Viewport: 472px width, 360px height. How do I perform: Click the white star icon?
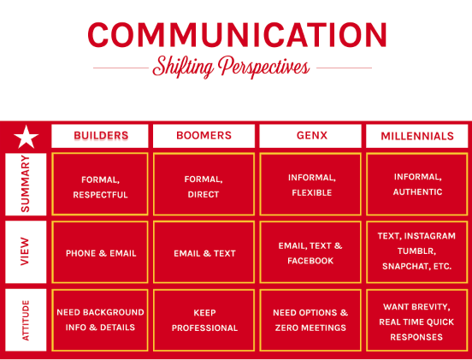click(27, 138)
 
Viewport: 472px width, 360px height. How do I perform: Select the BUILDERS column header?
click(100, 136)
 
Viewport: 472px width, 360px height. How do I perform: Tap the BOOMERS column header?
click(204, 136)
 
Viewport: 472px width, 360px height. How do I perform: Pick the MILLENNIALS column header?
click(417, 136)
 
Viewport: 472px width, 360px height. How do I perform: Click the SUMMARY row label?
click(26, 184)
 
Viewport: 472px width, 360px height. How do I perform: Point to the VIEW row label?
click(26, 252)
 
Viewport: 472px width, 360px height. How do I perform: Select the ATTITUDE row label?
click(26, 320)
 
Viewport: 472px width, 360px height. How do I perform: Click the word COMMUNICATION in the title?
click(237, 34)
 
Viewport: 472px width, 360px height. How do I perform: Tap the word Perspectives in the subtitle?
click(263, 67)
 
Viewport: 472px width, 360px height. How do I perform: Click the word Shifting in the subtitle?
click(183, 67)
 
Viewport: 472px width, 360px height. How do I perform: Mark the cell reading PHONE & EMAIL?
click(100, 252)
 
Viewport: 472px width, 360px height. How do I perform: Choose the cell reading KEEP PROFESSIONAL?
click(204, 321)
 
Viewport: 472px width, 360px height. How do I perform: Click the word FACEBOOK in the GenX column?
click(310, 261)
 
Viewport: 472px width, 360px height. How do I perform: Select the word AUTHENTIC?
click(417, 192)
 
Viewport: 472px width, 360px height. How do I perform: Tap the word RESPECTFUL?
click(100, 195)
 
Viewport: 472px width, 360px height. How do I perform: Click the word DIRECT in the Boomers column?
click(204, 195)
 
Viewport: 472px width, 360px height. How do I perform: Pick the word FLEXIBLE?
click(311, 192)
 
